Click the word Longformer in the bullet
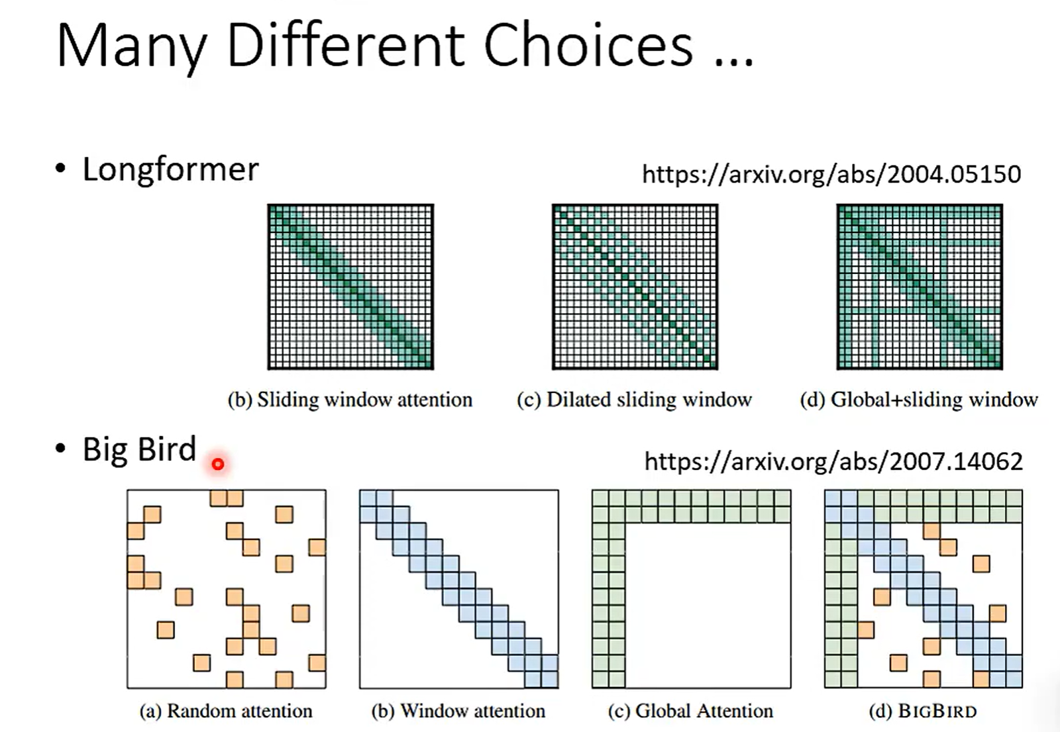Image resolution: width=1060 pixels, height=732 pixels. [x=171, y=169]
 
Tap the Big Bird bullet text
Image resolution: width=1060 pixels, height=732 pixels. [x=139, y=449]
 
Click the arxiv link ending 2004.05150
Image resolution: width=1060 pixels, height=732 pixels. [x=831, y=175]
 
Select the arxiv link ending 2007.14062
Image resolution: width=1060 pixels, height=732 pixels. [x=834, y=461]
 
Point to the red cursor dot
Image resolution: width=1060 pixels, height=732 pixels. [x=218, y=464]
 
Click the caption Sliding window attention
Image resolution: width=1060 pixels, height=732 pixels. [x=350, y=400]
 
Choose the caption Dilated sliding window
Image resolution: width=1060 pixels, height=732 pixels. [x=634, y=400]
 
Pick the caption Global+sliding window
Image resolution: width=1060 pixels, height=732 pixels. [x=919, y=400]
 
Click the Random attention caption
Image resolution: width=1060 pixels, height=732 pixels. [x=226, y=711]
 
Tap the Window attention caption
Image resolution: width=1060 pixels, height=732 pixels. [x=458, y=711]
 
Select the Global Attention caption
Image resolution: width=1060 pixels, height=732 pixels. [x=690, y=711]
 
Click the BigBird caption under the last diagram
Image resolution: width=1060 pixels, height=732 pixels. [x=923, y=711]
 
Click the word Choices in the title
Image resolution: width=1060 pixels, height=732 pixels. [x=589, y=46]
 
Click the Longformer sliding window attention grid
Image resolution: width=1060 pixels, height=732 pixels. [x=350, y=287]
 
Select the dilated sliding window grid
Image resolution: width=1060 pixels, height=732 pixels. [x=635, y=287]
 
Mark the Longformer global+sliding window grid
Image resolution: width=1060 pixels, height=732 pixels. [x=920, y=287]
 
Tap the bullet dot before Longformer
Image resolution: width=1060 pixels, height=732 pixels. [x=60, y=168]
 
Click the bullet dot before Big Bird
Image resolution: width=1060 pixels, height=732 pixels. [x=60, y=448]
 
